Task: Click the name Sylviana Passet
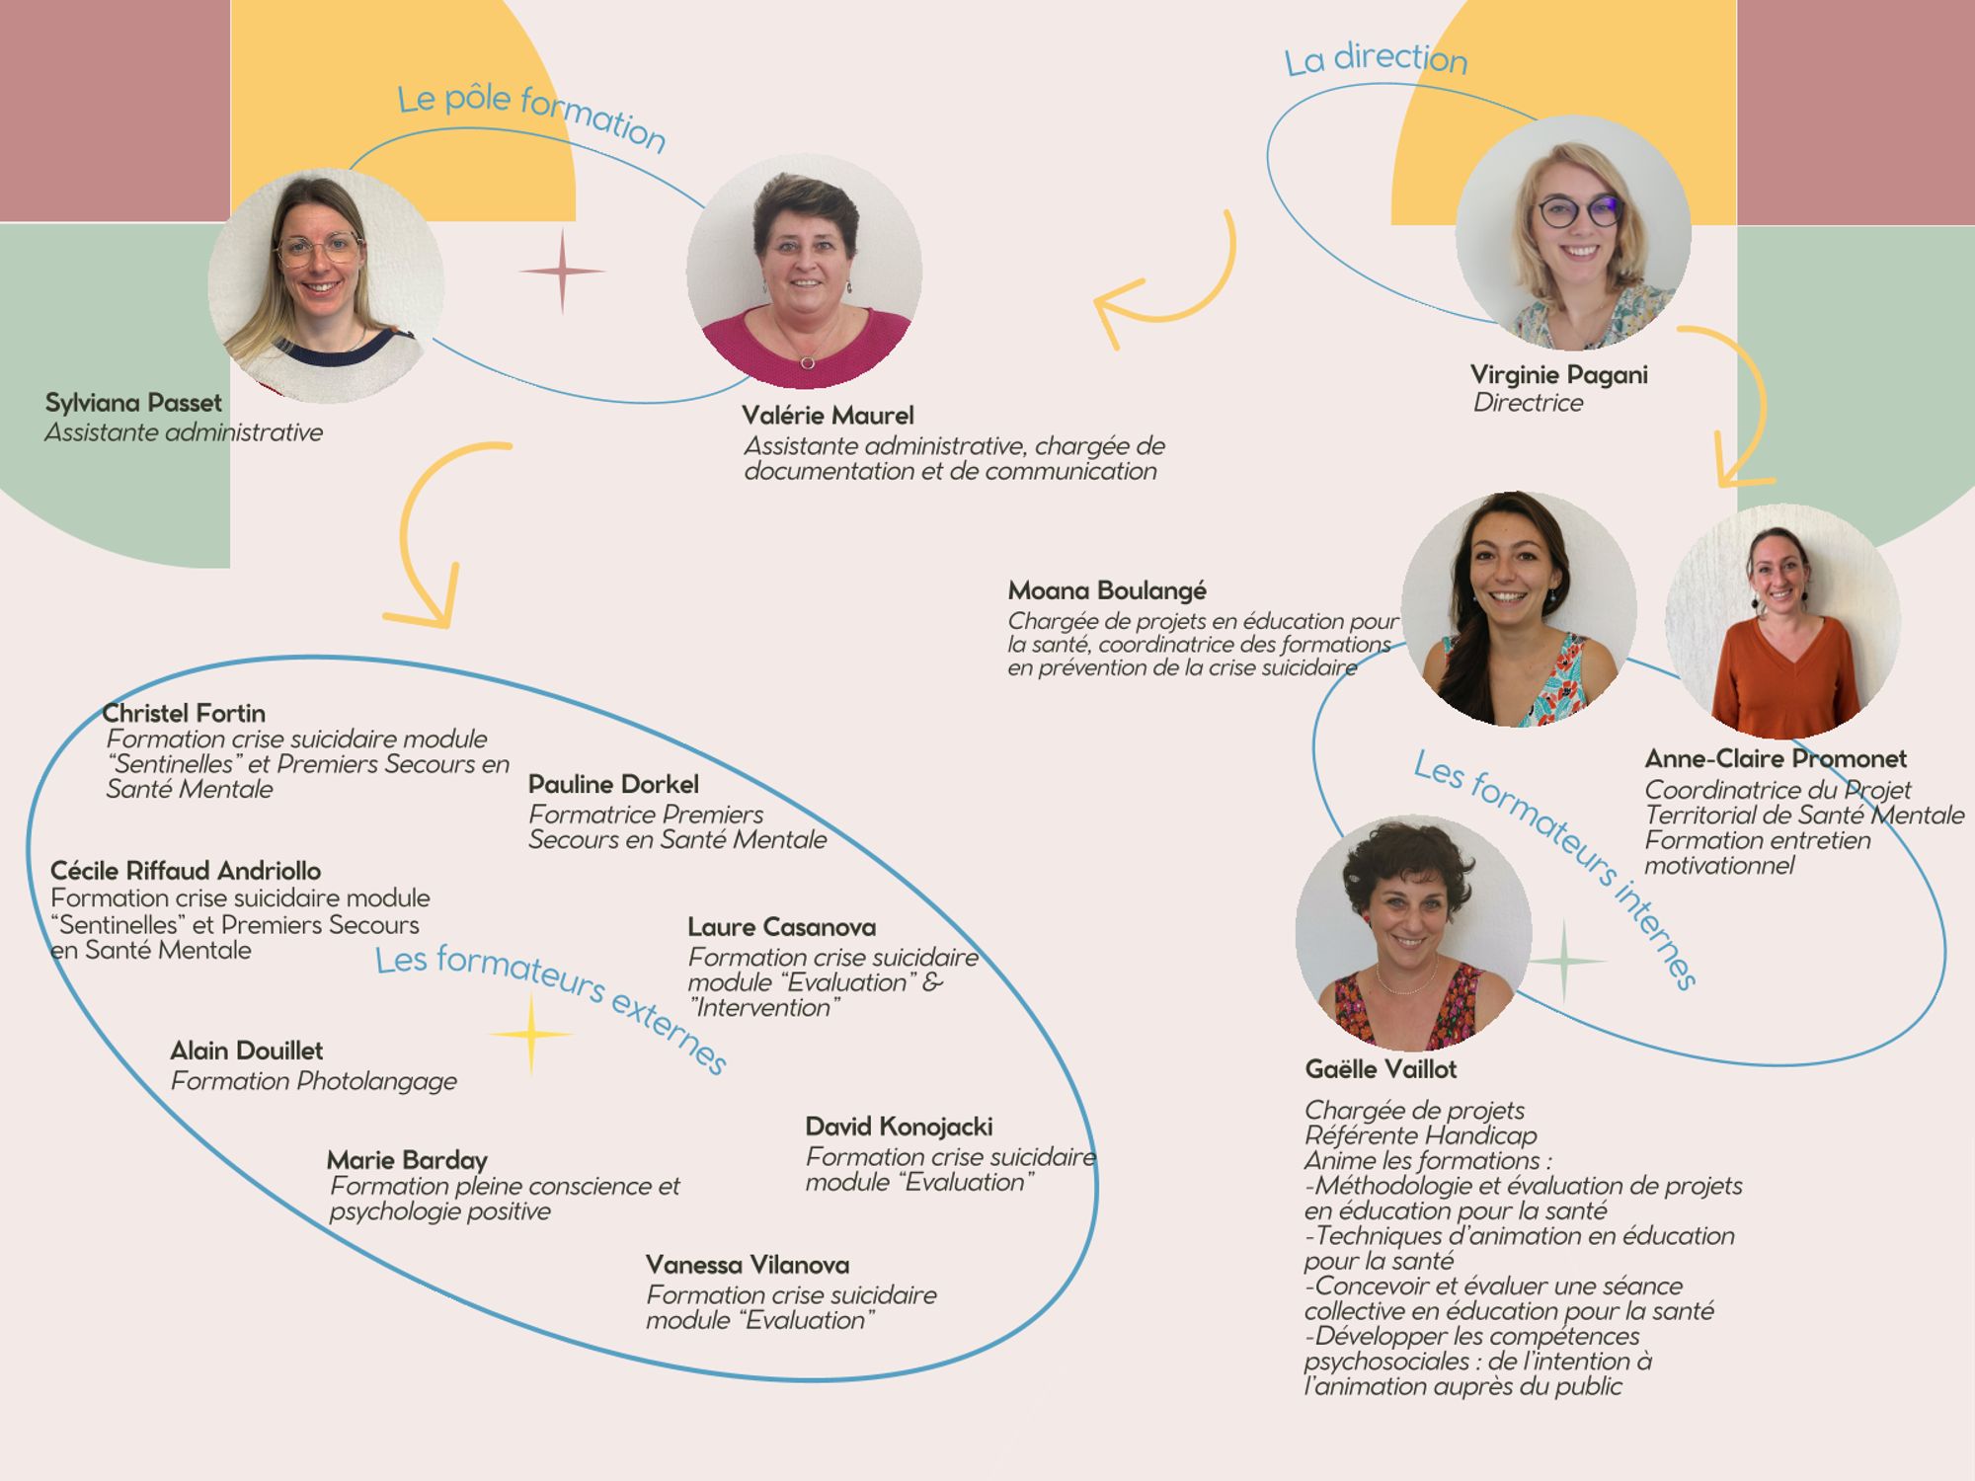point(133,403)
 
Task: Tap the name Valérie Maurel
point(828,416)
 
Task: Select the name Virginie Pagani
point(1558,375)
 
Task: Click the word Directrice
point(1528,403)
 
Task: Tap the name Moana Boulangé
point(1107,590)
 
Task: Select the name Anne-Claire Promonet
point(1775,758)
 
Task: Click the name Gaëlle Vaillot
point(1381,1069)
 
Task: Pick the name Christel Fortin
point(184,713)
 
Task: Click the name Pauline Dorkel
point(613,784)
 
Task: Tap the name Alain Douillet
point(246,1051)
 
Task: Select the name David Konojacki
point(899,1127)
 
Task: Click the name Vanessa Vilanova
point(747,1265)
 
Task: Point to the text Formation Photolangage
point(313,1081)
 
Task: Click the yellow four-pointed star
point(531,1034)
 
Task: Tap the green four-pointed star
point(1564,960)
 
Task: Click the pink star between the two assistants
point(562,271)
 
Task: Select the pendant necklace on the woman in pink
point(808,362)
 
